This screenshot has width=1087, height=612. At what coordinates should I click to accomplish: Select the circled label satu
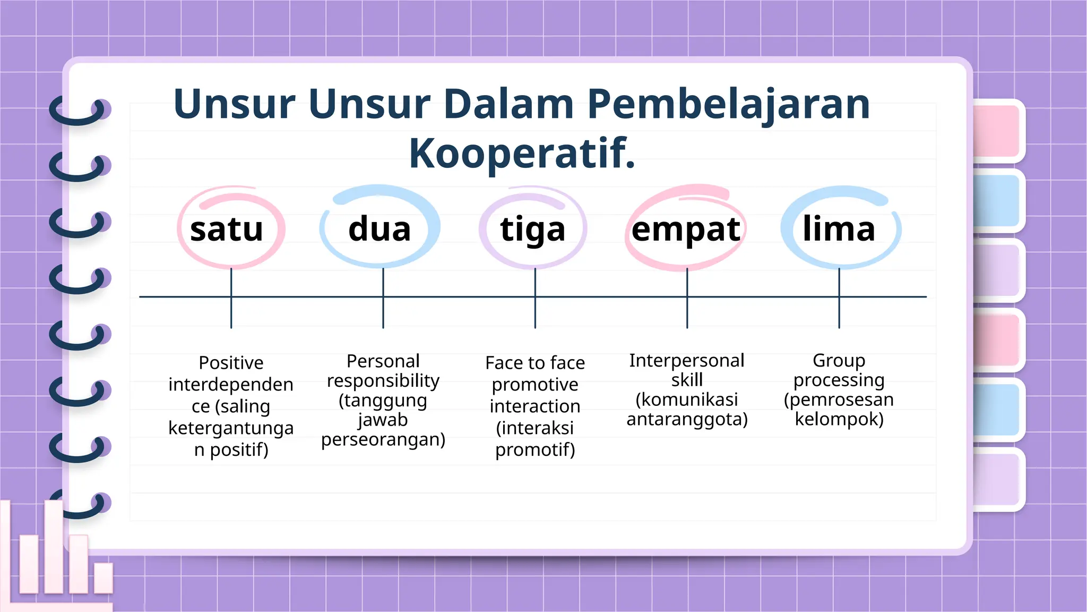[227, 229]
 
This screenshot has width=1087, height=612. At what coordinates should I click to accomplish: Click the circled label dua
[379, 229]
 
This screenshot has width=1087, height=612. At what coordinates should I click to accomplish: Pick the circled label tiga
[533, 229]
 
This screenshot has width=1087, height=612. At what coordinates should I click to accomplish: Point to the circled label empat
[686, 229]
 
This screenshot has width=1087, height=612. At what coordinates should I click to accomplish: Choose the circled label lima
[839, 229]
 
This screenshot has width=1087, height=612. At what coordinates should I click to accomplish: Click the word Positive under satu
[231, 363]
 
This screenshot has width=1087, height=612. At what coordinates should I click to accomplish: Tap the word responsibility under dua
[383, 380]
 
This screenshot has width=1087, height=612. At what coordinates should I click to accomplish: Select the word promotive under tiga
[535, 385]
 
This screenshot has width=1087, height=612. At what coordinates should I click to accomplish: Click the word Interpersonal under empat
[687, 361]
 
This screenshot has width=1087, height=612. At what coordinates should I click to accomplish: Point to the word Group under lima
[839, 361]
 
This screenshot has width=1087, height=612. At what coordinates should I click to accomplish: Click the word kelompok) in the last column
[839, 419]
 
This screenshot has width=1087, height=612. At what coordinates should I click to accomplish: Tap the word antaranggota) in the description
[687, 419]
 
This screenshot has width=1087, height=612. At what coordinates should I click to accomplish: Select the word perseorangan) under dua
[383, 439]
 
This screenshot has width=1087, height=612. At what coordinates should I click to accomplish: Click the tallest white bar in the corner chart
[54, 547]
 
